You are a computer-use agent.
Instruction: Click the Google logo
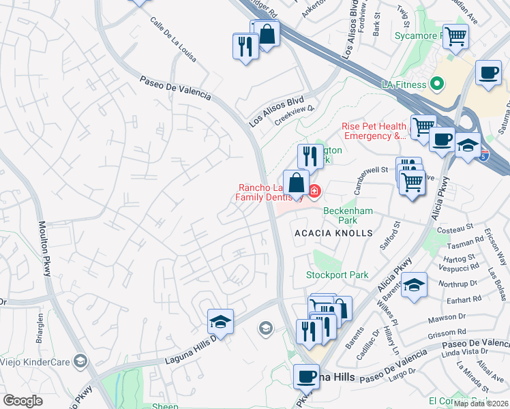click(x=22, y=401)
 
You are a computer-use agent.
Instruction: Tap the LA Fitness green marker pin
click(x=437, y=85)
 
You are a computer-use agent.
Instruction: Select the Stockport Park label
click(x=337, y=275)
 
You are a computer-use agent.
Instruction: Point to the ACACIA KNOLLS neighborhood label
click(x=333, y=233)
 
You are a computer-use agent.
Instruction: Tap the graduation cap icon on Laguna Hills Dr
click(x=221, y=321)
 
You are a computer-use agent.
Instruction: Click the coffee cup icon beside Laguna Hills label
click(x=306, y=376)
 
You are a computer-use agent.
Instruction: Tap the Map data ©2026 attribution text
click(x=481, y=404)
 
